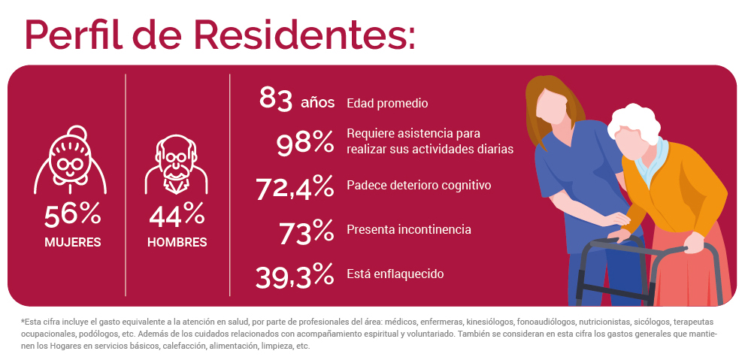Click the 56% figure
pyautogui.click(x=72, y=216)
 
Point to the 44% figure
pyautogui.click(x=177, y=216)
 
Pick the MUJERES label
pyautogui.click(x=72, y=242)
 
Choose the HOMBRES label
pyautogui.click(x=177, y=242)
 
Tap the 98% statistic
pyautogui.click(x=304, y=144)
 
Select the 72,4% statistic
pyautogui.click(x=295, y=189)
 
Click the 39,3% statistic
pyautogui.click(x=295, y=276)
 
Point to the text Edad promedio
pyautogui.click(x=387, y=103)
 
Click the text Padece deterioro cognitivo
pyautogui.click(x=419, y=185)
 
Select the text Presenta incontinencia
pyautogui.click(x=409, y=229)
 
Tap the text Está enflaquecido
pyautogui.click(x=395, y=274)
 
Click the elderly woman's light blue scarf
pyautogui.click(x=656, y=162)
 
